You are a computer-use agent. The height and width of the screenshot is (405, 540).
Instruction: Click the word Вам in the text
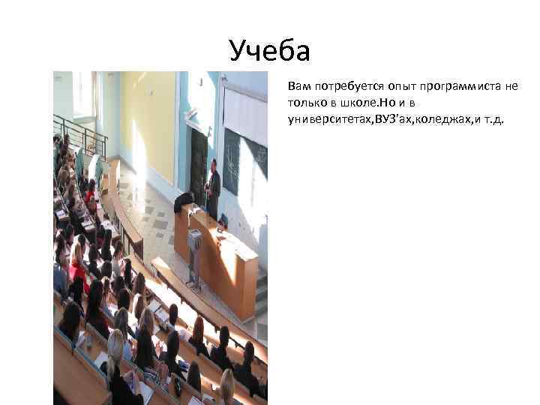coord(298,86)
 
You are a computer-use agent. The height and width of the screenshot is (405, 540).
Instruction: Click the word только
coord(304,102)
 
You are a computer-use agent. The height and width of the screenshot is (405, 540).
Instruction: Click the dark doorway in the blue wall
coord(199,161)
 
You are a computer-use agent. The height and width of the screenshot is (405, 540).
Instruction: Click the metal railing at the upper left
coord(79,131)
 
